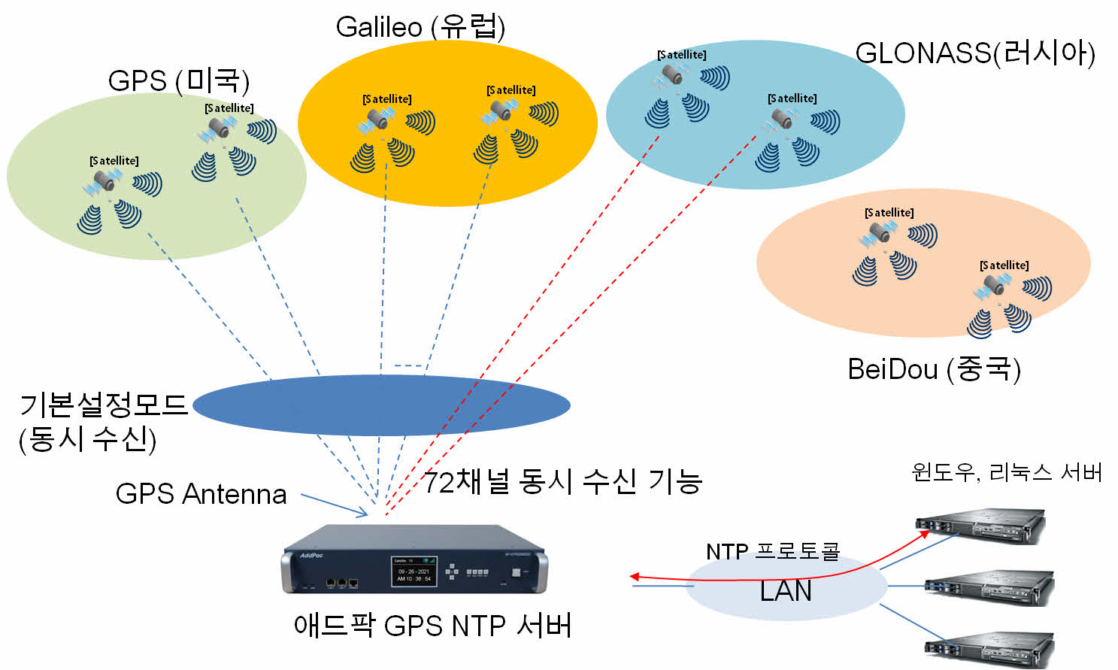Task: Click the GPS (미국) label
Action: pos(178,80)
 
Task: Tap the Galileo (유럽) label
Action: pos(420,27)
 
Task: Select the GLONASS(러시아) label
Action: pos(974,53)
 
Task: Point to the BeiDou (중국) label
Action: pos(934,369)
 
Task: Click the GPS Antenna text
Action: pos(201,494)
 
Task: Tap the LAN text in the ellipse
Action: pos(786,591)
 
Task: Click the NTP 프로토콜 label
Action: pos(772,551)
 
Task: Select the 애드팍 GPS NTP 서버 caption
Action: pos(432,626)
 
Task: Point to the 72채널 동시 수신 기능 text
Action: pos(562,481)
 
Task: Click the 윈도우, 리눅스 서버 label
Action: pos(1006,472)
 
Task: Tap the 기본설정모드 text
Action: pos(103,405)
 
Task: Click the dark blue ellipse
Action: pos(381,405)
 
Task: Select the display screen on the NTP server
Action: pos(414,571)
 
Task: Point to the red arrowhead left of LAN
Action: pos(635,577)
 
